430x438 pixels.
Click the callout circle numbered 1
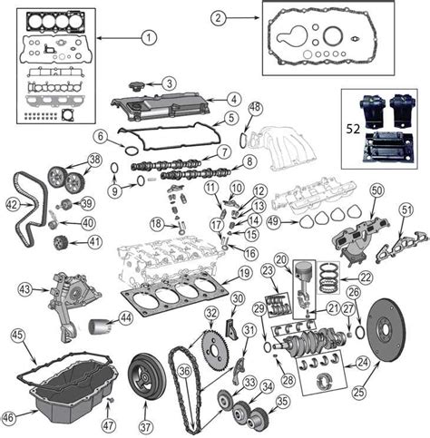149,38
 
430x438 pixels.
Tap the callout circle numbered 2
219,18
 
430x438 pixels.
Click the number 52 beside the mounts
353,129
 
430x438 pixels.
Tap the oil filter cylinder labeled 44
100,326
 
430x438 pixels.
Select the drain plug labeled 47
111,401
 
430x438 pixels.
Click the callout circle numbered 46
8,417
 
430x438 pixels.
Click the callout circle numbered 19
244,273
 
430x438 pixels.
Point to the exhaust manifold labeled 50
352,244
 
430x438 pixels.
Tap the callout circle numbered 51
406,209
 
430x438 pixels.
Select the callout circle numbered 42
13,205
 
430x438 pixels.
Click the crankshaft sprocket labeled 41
61,243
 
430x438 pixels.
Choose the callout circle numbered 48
256,108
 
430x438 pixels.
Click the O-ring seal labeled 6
132,150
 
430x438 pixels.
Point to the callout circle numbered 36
184,371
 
